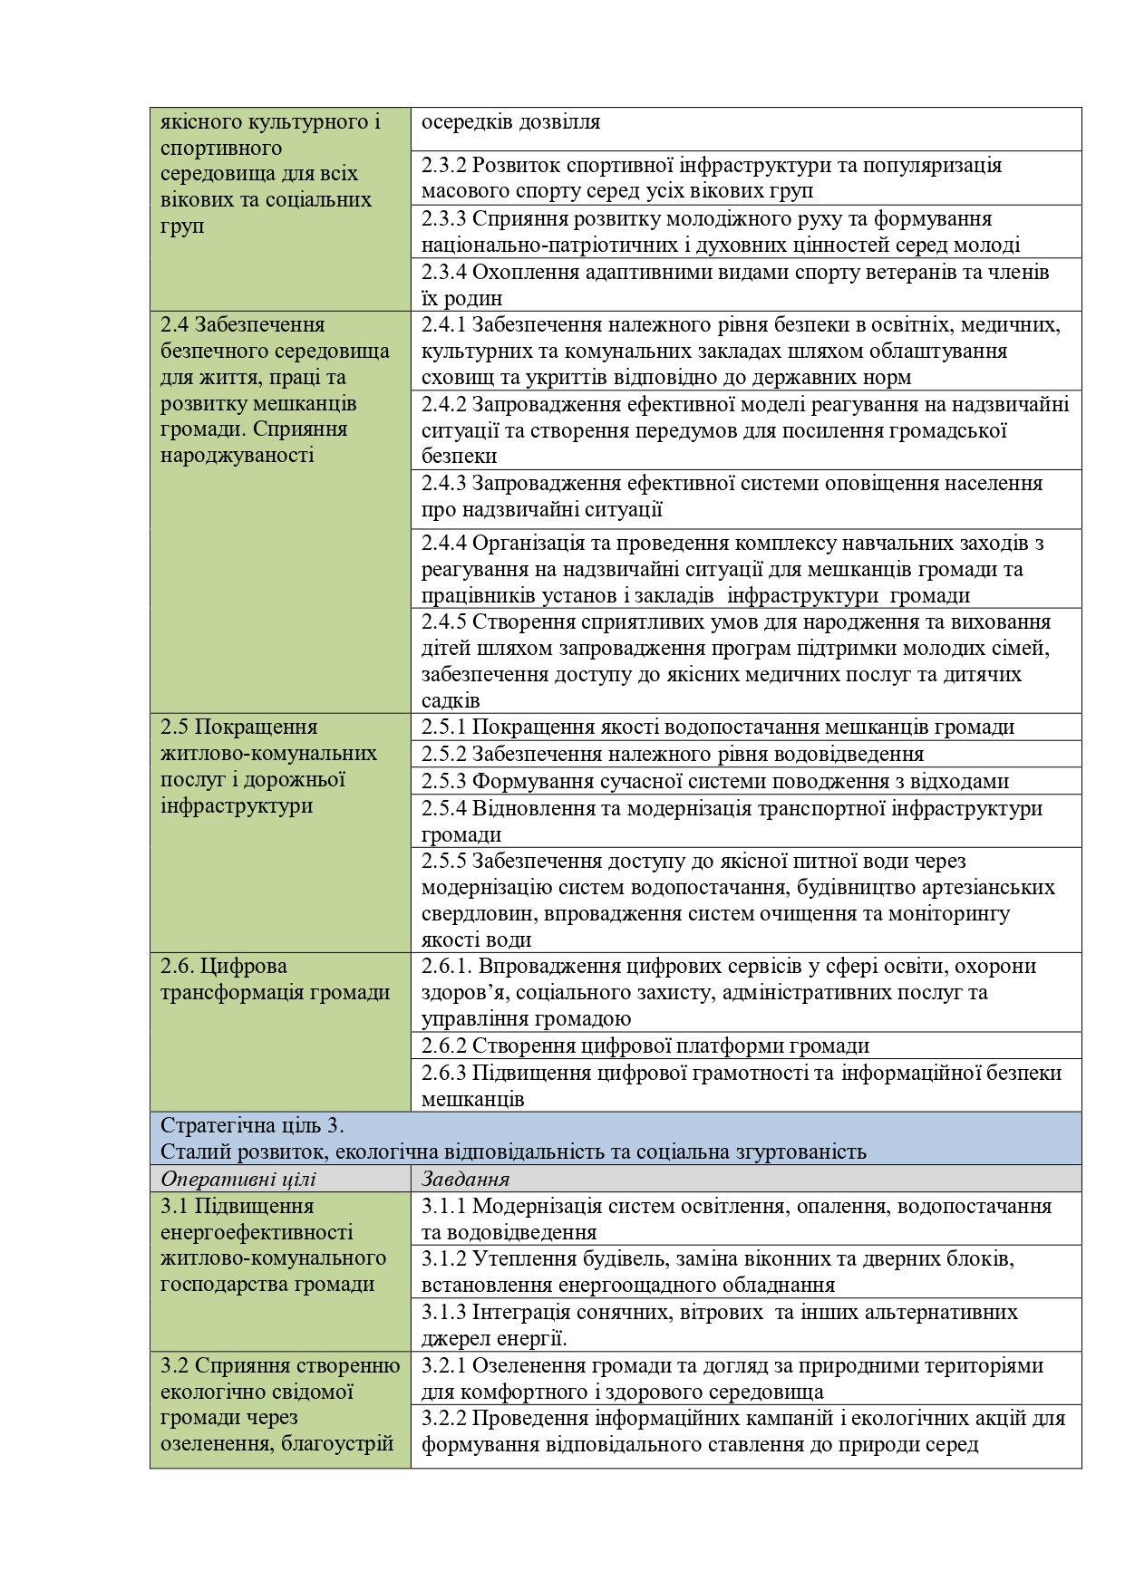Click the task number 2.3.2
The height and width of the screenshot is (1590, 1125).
(x=444, y=165)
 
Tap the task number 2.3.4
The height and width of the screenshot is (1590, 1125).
(x=444, y=272)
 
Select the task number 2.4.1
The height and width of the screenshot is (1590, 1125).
(x=444, y=324)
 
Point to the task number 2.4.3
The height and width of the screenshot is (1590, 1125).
(x=444, y=483)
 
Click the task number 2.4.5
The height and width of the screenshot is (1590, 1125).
(x=444, y=622)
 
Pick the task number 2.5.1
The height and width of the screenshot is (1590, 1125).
(x=444, y=727)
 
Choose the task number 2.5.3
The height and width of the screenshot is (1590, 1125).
(x=444, y=781)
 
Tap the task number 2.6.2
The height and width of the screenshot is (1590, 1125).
(x=444, y=1046)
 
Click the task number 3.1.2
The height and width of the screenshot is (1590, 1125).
(x=444, y=1258)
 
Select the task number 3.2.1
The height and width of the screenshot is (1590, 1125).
(x=444, y=1365)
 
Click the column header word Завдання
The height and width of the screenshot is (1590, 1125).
(x=465, y=1179)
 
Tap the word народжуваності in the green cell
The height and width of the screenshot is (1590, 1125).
(x=237, y=455)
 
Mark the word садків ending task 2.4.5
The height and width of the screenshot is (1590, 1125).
(x=451, y=700)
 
